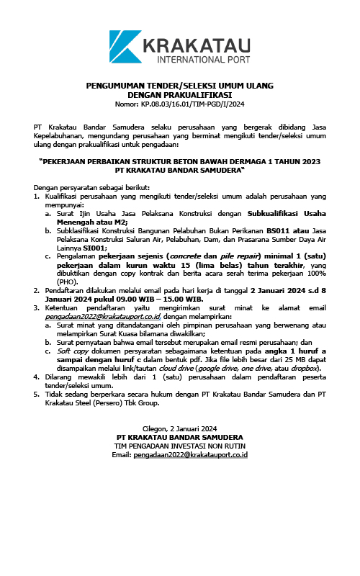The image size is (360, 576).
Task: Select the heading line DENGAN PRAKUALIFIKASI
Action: (x=179, y=94)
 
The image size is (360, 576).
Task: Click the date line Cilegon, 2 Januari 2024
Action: (x=179, y=429)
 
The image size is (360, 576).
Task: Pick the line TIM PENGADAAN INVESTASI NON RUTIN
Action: (x=179, y=446)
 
